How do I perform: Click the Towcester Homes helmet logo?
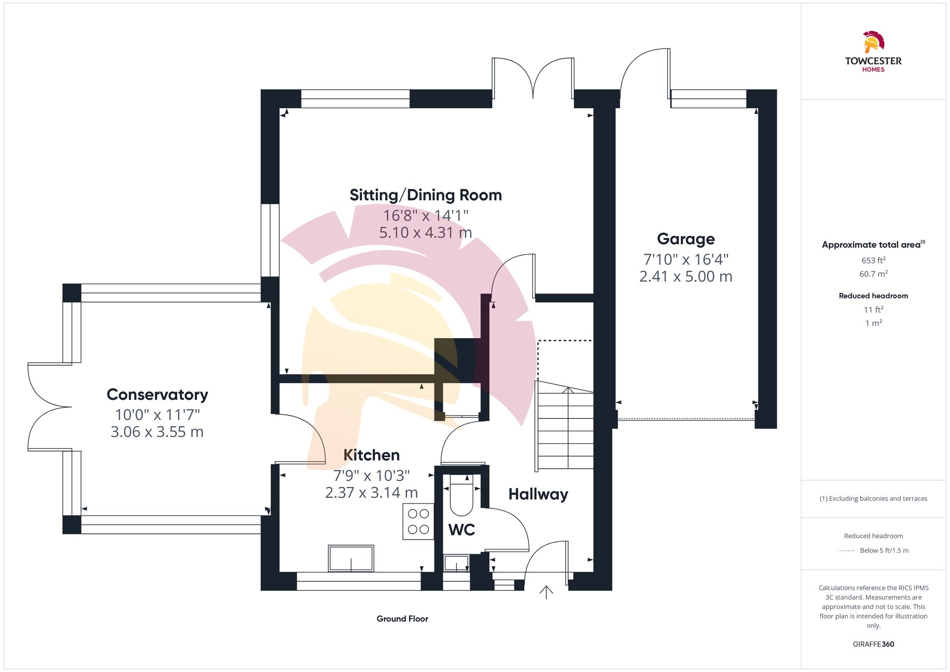[x=873, y=42]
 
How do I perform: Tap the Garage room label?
[x=685, y=239]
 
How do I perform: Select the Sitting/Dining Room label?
[x=426, y=195]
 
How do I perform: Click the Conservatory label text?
[x=157, y=394]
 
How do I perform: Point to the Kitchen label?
[x=371, y=455]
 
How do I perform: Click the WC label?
[x=461, y=530]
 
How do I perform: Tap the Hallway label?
[x=538, y=494]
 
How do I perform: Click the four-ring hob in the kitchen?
[x=418, y=521]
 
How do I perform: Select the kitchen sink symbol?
[x=351, y=558]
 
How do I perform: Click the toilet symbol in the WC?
[x=461, y=499]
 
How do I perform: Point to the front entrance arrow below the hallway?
[x=546, y=592]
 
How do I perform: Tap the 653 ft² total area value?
[x=873, y=260]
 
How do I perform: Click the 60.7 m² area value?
[x=873, y=274]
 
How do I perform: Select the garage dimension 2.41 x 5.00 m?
[x=685, y=276]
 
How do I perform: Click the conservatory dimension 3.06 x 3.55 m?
[x=157, y=432]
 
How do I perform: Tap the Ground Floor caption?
[x=402, y=619]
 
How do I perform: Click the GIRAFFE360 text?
[x=873, y=644]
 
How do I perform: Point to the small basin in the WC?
[x=456, y=564]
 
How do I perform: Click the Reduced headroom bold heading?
[x=873, y=296]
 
